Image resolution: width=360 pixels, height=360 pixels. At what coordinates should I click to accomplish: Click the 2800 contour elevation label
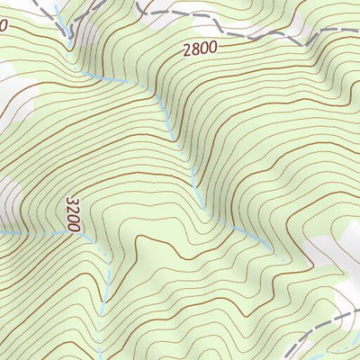pos(199,50)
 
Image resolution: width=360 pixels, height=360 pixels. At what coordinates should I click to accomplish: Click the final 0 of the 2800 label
pos(212,49)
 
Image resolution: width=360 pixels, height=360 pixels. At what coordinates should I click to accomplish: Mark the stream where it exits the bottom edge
pos(100,356)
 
